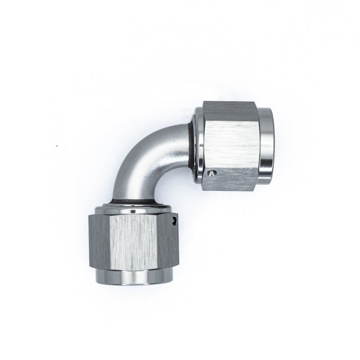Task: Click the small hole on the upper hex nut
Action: click(212, 172)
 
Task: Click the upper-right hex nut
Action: click(229, 146)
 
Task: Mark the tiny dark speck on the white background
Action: click(56, 146)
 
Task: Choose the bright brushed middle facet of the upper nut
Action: click(229, 139)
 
